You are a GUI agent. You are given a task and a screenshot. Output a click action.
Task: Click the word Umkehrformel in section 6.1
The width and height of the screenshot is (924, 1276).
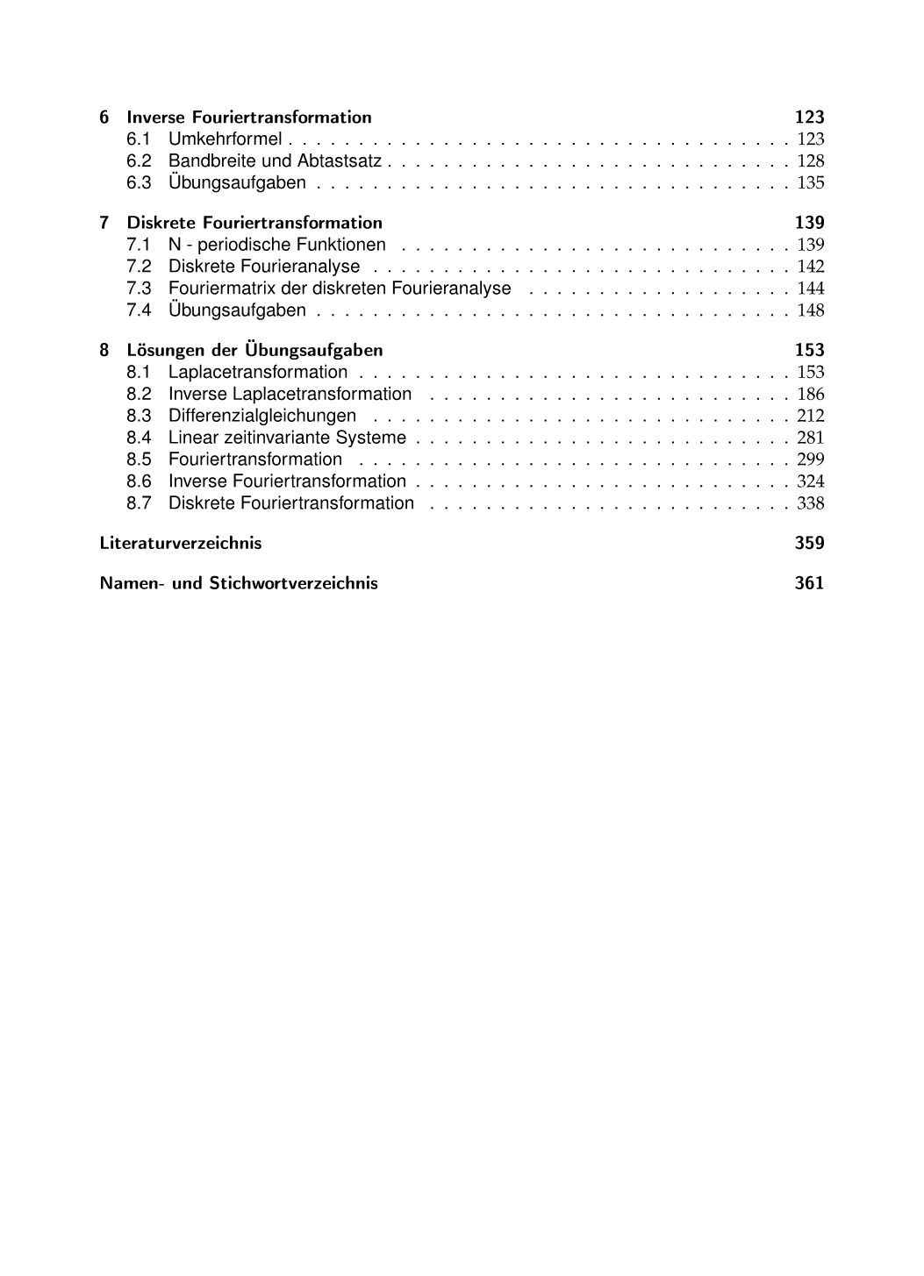tap(225, 139)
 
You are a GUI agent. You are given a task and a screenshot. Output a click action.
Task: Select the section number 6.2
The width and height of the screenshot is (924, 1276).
tap(139, 161)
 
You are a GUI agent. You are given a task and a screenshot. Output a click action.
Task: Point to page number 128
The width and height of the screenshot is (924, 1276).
tap(811, 161)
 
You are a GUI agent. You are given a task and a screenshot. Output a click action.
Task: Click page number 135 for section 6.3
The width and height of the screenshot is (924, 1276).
tap(811, 183)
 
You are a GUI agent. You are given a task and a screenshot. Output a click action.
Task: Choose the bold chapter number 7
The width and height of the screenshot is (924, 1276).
tap(104, 223)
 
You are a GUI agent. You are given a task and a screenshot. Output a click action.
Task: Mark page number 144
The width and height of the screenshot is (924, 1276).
tap(811, 289)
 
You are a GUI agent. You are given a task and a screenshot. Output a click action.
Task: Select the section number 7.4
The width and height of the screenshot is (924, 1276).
tap(139, 310)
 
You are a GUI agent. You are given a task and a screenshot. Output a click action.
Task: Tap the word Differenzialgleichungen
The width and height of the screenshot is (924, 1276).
tap(262, 416)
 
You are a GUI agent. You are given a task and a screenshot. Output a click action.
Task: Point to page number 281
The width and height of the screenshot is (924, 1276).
tap(811, 438)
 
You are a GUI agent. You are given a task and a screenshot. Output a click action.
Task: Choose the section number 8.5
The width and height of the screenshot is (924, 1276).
tap(139, 460)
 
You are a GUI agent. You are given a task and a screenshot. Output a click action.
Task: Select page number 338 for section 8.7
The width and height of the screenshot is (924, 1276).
tap(811, 503)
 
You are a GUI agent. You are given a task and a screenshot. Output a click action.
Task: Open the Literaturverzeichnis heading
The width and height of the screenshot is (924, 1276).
tap(181, 543)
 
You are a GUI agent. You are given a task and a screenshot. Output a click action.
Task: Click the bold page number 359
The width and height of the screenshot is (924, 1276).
tap(809, 543)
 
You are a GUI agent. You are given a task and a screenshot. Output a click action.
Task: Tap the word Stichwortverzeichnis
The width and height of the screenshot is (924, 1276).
tap(293, 583)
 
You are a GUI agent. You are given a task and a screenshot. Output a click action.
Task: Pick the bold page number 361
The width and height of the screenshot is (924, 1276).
tap(809, 583)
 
